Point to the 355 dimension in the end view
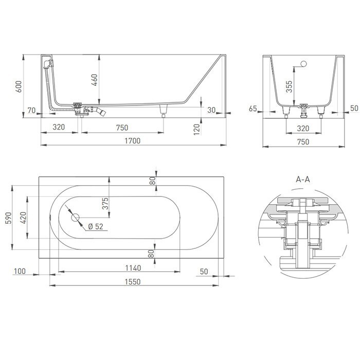click(x=290, y=87)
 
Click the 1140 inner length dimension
click(x=119, y=267)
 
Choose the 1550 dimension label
click(x=132, y=281)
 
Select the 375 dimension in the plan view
click(x=105, y=204)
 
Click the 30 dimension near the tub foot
click(x=211, y=110)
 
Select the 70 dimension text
click(x=32, y=110)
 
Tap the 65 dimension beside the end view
click(x=253, y=109)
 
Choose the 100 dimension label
click(x=20, y=271)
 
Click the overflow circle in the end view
click(x=303, y=65)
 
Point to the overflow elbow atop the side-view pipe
click(x=47, y=63)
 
